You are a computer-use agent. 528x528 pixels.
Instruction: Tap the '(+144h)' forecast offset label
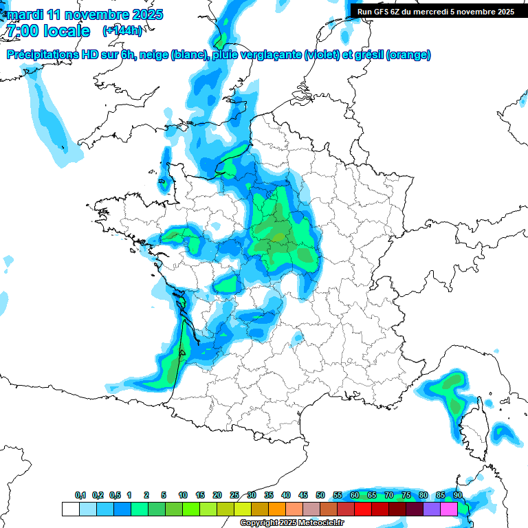(x=122, y=31)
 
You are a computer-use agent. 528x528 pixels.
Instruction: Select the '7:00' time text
(x=23, y=31)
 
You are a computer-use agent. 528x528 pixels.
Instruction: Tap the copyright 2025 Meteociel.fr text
(x=291, y=523)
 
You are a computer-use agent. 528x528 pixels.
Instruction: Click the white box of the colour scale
(x=70, y=509)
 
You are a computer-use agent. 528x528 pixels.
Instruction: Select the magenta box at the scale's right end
(x=449, y=509)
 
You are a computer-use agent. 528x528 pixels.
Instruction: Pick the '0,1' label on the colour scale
(x=80, y=496)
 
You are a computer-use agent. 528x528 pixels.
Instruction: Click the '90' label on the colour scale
(x=457, y=496)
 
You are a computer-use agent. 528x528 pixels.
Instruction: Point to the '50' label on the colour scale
(x=320, y=496)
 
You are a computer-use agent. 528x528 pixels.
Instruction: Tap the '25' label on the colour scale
(x=234, y=496)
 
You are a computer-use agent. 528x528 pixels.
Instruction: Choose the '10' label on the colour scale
(x=183, y=496)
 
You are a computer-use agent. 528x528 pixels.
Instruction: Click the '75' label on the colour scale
(x=406, y=496)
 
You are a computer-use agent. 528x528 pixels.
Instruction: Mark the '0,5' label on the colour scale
(x=115, y=496)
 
